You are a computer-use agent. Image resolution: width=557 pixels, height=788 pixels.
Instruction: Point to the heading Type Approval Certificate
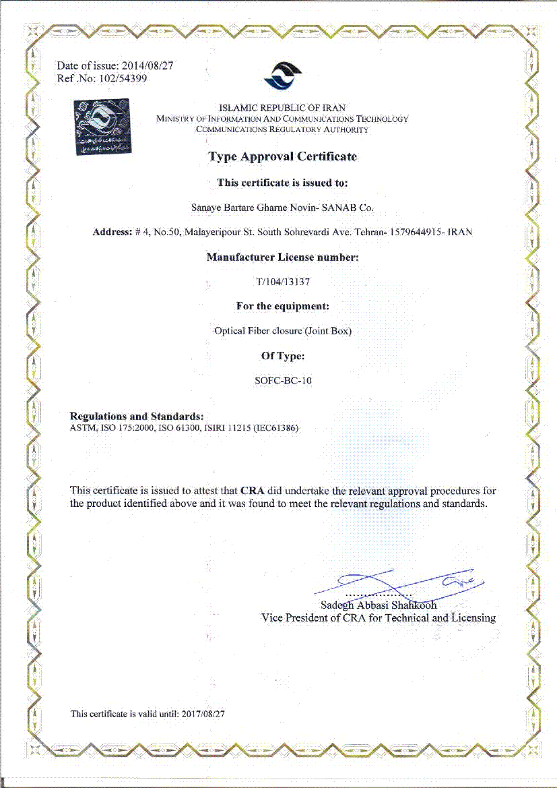tap(282, 156)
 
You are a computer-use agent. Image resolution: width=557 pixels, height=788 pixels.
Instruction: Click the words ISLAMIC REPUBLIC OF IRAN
tap(282, 108)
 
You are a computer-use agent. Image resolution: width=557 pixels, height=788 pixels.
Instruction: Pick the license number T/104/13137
tap(282, 282)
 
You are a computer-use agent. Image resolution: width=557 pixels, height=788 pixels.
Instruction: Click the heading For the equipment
tap(282, 306)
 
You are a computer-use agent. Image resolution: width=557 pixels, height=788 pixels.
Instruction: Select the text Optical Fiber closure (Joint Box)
tap(282, 331)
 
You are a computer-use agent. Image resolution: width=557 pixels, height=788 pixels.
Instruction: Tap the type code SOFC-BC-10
tap(282, 380)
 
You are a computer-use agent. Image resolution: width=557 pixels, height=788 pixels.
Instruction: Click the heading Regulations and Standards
tap(137, 416)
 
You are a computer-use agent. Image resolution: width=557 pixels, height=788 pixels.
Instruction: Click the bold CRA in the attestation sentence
tap(251, 491)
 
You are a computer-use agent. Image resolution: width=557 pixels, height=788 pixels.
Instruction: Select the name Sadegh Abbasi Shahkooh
tap(379, 605)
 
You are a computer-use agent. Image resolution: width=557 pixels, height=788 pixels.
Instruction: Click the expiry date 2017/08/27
tap(203, 714)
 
